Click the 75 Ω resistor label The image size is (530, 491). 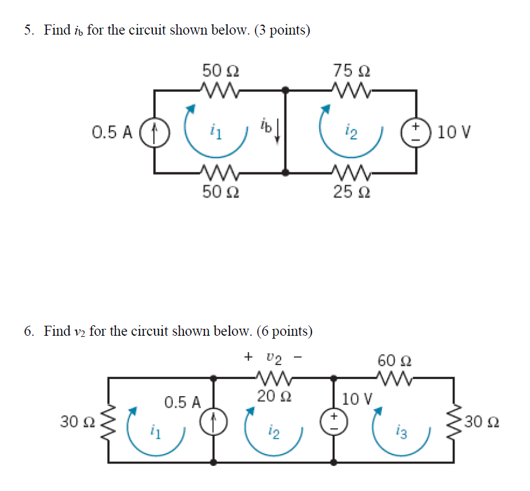coord(351,71)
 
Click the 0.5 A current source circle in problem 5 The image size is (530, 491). coord(155,131)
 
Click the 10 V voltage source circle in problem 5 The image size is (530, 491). coord(416,131)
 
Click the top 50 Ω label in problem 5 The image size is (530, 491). coord(220,71)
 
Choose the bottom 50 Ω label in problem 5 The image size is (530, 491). coord(220,192)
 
